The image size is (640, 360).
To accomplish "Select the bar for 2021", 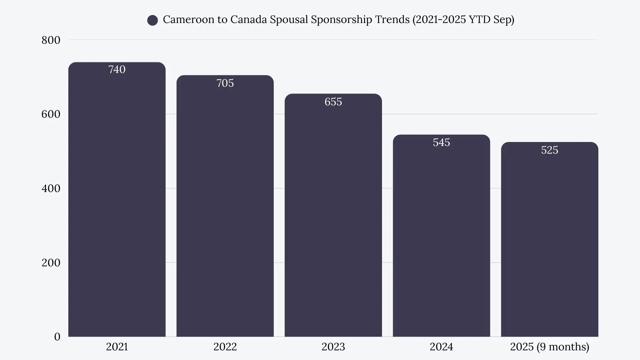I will pos(117,200).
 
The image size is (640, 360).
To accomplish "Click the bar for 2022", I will pos(225,207).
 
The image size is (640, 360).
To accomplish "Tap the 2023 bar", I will pos(333,217).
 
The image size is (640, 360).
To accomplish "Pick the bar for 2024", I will pos(441,237).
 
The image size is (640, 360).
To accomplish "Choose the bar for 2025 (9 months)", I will pos(549,240).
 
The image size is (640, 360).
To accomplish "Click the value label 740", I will pos(117,69).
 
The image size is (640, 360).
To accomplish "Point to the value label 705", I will pos(225,83).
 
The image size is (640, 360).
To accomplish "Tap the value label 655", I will pos(333,102).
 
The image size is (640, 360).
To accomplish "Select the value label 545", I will pos(441,142).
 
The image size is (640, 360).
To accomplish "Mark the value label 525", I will pos(549,150).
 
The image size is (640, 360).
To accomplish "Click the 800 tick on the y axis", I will pos(51,40).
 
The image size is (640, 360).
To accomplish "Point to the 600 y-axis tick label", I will pos(51,114).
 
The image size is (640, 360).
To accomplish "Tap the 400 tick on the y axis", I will pos(51,188).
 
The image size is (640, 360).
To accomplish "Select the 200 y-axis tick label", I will pos(51,263).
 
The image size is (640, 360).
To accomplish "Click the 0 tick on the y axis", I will pos(57,337).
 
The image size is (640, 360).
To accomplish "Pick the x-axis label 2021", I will pos(117,347).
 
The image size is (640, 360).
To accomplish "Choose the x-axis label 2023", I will pos(333,347).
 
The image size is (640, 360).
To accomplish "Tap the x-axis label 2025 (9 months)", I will pos(549,347).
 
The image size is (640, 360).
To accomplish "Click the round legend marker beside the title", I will pos(152,20).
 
